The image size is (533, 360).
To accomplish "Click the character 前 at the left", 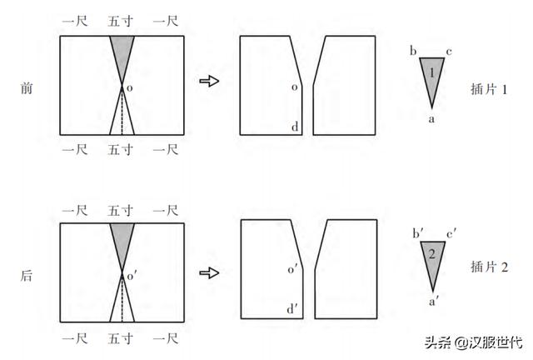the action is (x=27, y=88).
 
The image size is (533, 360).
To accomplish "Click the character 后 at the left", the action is (x=27, y=276).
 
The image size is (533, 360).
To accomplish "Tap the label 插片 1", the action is (x=489, y=89).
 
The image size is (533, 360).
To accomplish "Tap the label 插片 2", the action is (x=490, y=267).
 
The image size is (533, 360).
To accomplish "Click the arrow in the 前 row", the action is (x=209, y=81).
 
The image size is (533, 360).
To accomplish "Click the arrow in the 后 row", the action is (x=209, y=272).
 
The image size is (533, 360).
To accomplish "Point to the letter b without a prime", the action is (x=413, y=51).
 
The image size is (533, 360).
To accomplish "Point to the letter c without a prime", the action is (x=449, y=52).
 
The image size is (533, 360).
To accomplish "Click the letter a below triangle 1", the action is (x=431, y=119).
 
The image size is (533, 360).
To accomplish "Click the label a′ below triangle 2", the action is (x=434, y=301).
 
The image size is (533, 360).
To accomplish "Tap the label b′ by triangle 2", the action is (x=418, y=233).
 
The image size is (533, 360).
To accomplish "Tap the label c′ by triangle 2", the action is (x=451, y=234).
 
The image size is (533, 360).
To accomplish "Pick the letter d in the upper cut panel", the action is (x=295, y=127).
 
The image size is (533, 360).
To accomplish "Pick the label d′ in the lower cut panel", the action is (x=292, y=309).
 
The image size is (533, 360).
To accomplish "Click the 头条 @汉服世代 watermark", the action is (x=474, y=342).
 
